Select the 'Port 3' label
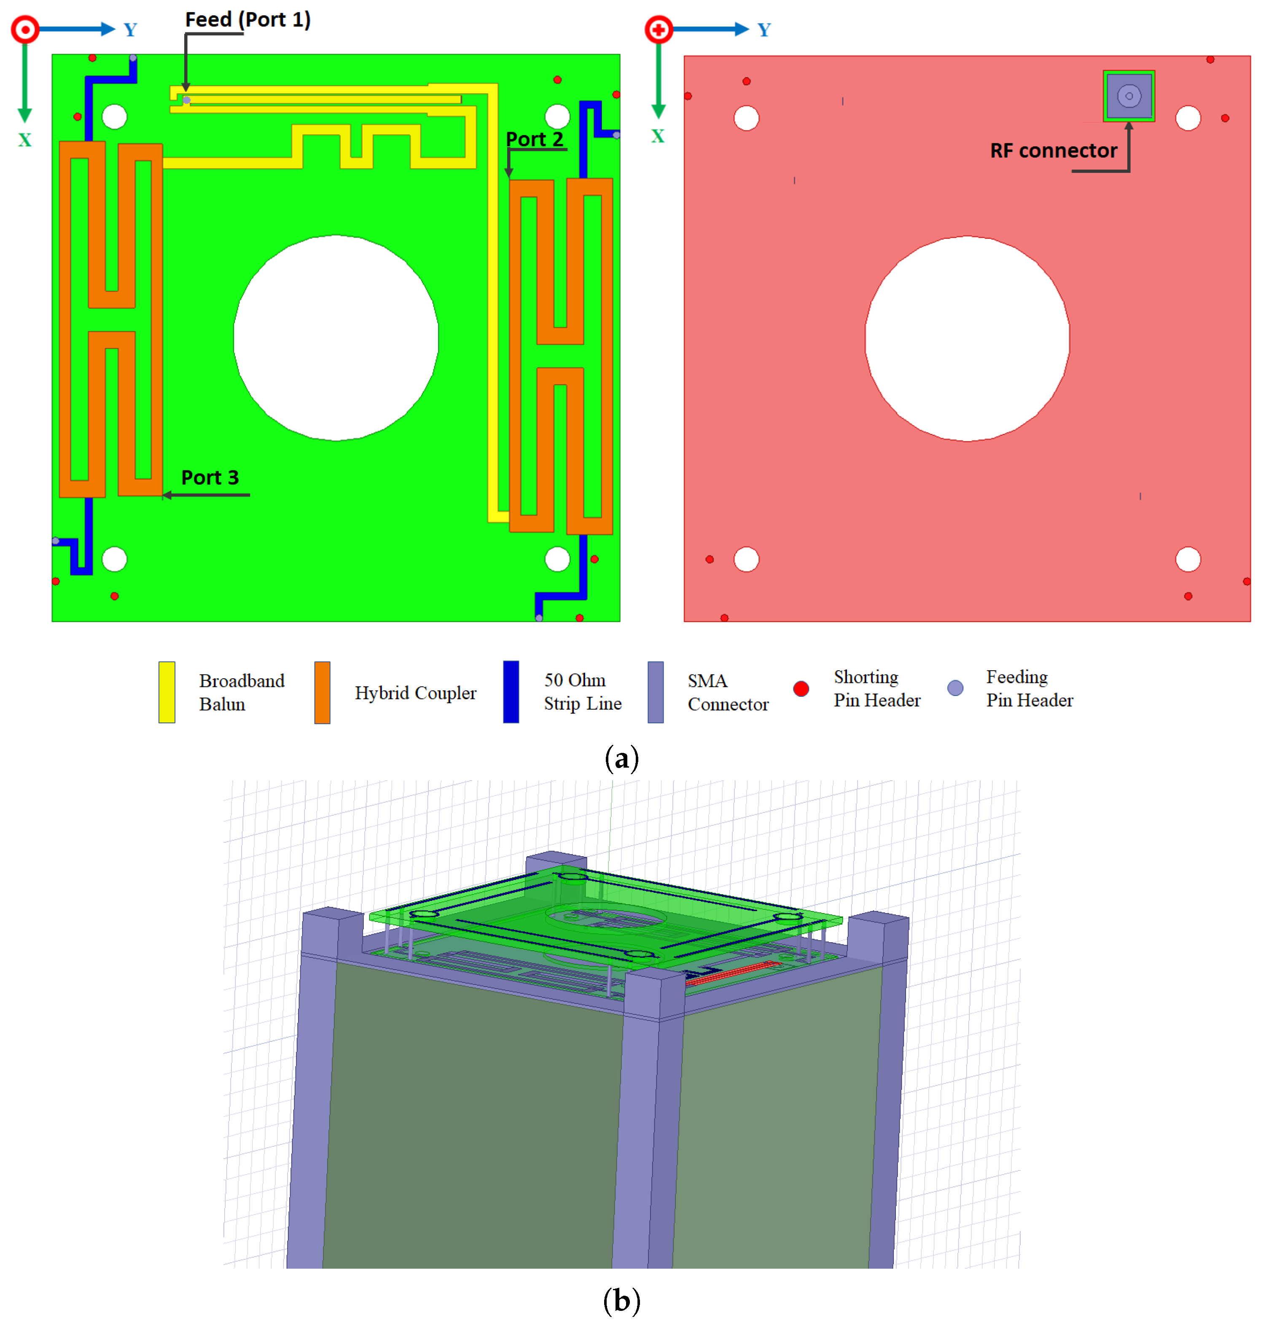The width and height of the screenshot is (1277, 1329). tap(210, 477)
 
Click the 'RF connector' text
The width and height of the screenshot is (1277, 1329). tap(1053, 151)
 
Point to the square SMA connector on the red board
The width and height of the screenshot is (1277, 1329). tap(1129, 96)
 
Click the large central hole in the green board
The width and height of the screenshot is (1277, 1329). tap(336, 338)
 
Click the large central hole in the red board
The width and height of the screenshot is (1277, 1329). tap(967, 338)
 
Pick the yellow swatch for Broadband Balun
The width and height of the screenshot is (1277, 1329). tap(167, 692)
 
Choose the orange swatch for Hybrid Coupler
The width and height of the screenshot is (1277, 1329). tap(322, 692)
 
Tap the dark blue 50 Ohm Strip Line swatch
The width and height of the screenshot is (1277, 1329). tap(511, 692)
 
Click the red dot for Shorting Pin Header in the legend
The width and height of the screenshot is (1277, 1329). tap(801, 689)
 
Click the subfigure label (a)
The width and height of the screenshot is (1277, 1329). tap(621, 758)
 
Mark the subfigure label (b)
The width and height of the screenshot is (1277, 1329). tap(621, 1300)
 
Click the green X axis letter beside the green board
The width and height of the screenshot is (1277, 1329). tap(25, 140)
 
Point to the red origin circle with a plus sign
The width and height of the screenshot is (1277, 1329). tap(658, 29)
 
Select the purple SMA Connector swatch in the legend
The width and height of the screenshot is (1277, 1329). tap(656, 692)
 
